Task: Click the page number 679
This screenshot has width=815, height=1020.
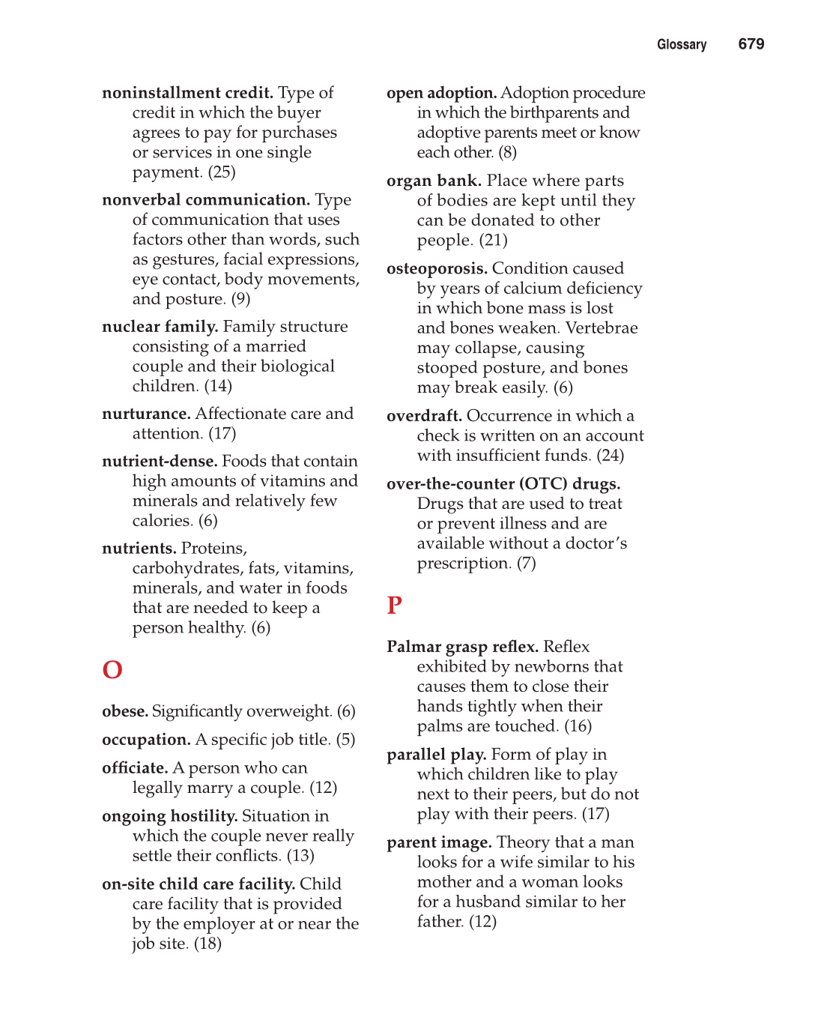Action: (751, 44)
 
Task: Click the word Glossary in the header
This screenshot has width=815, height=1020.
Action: (681, 45)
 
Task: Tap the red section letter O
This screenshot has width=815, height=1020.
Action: (112, 669)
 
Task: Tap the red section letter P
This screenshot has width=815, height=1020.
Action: (394, 605)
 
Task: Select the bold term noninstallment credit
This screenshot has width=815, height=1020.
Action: (187, 93)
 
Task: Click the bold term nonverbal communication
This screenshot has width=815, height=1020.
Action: (205, 200)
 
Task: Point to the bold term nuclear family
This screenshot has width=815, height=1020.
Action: (160, 327)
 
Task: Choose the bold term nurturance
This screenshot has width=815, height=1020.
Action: (146, 414)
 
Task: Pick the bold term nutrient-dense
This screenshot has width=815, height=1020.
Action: (160, 461)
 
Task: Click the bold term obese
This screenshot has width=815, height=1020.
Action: (124, 711)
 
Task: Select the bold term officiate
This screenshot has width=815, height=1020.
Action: (135, 768)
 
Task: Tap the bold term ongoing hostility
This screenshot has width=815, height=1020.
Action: (169, 816)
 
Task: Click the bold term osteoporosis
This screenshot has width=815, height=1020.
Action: (437, 268)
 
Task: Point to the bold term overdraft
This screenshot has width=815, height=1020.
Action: (424, 416)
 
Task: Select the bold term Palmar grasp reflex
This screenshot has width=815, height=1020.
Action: (462, 647)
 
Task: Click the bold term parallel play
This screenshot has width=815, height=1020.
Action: (436, 755)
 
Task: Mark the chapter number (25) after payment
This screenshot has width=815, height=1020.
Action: (222, 172)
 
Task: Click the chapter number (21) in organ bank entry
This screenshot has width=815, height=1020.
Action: (493, 241)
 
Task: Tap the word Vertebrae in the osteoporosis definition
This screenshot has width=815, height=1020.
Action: (602, 328)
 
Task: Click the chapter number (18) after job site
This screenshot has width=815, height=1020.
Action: (207, 944)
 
